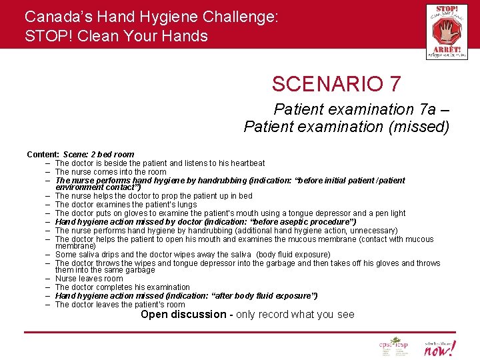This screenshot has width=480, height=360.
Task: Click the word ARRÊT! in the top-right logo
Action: pos(447,49)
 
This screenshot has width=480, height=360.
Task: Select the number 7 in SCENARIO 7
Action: pos(395,84)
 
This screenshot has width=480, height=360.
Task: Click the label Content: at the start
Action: pos(43,155)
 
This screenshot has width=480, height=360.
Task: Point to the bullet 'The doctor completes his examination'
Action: pos(122,287)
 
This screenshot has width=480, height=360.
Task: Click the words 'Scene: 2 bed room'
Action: pos(99,155)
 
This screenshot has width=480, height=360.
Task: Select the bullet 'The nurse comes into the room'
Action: pos(111,171)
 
